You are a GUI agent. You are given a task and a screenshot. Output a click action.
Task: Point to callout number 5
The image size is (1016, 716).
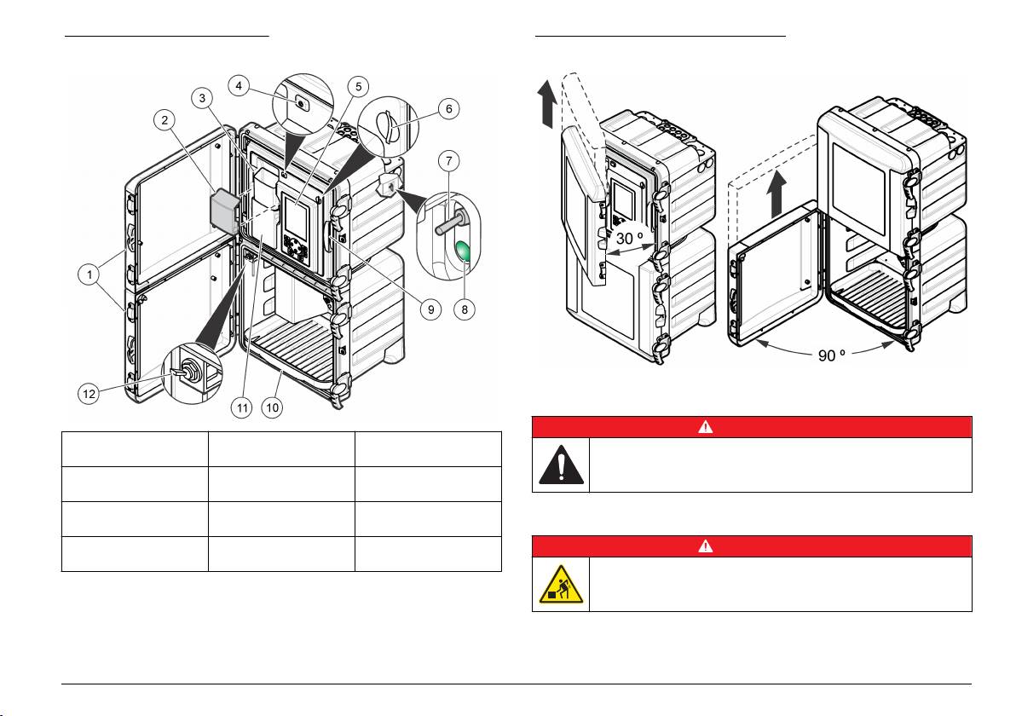(358, 85)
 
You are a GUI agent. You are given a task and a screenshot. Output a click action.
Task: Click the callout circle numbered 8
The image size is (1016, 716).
(465, 309)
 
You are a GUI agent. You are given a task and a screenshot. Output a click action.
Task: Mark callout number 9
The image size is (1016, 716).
(432, 309)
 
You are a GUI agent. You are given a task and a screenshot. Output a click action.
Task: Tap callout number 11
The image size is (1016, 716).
(242, 407)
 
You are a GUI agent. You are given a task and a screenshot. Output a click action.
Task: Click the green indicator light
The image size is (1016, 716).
(465, 253)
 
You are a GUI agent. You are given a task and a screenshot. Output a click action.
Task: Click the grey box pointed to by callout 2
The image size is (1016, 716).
(226, 210)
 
